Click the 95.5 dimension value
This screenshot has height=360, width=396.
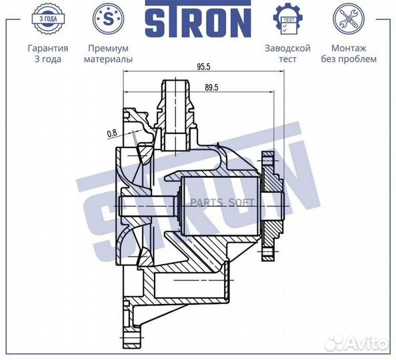pyautogui.click(x=203, y=67)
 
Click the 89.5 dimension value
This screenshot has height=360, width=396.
pyautogui.click(x=211, y=87)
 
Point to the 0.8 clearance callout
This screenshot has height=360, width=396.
pyautogui.click(x=112, y=133)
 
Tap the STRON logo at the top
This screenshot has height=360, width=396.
pyautogui.click(x=198, y=19)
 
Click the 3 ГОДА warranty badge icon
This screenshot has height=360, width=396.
pyautogui.click(x=48, y=19)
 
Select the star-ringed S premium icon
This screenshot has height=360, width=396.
pyautogui.click(x=109, y=19)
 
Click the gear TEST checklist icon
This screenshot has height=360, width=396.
pyautogui.click(x=287, y=19)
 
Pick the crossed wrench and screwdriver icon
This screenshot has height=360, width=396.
pyautogui.click(x=349, y=19)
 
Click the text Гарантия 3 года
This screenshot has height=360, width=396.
pyautogui.click(x=48, y=53)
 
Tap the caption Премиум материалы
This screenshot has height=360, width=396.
pyautogui.click(x=109, y=53)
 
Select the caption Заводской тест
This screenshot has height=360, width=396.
pyautogui.click(x=287, y=53)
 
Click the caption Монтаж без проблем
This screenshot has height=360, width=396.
pyautogui.click(x=349, y=53)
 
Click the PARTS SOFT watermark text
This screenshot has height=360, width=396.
pyautogui.click(x=222, y=203)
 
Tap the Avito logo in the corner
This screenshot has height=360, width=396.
pyautogui.click(x=356, y=343)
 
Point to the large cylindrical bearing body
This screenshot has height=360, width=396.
pyautogui.click(x=220, y=206)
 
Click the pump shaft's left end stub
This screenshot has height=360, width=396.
pyautogui.click(x=147, y=206)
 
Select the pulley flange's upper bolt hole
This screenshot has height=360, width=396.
pyautogui.click(x=268, y=161)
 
